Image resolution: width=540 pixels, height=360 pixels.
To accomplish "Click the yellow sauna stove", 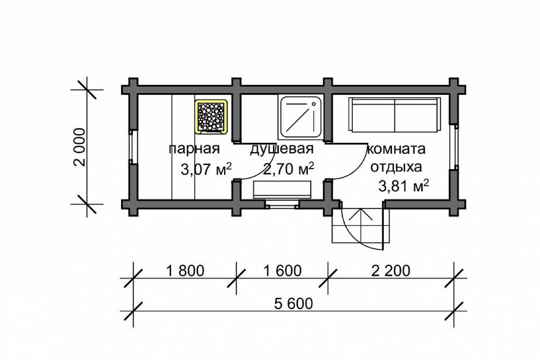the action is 211,117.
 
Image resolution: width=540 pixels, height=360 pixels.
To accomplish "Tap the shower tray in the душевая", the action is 301,117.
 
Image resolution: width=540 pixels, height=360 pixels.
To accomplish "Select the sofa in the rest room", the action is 395,115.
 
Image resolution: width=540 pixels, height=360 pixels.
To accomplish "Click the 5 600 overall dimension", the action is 293,304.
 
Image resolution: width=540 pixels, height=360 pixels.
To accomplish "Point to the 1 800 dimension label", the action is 185,271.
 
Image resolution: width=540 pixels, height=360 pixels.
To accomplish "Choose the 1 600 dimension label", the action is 282,271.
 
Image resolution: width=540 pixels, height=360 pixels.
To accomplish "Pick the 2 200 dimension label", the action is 391,271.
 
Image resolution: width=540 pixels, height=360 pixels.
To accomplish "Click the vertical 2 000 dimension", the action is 79,147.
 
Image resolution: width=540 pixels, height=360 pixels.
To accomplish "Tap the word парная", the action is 194,149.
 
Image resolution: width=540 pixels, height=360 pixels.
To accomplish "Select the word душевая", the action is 282,149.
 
